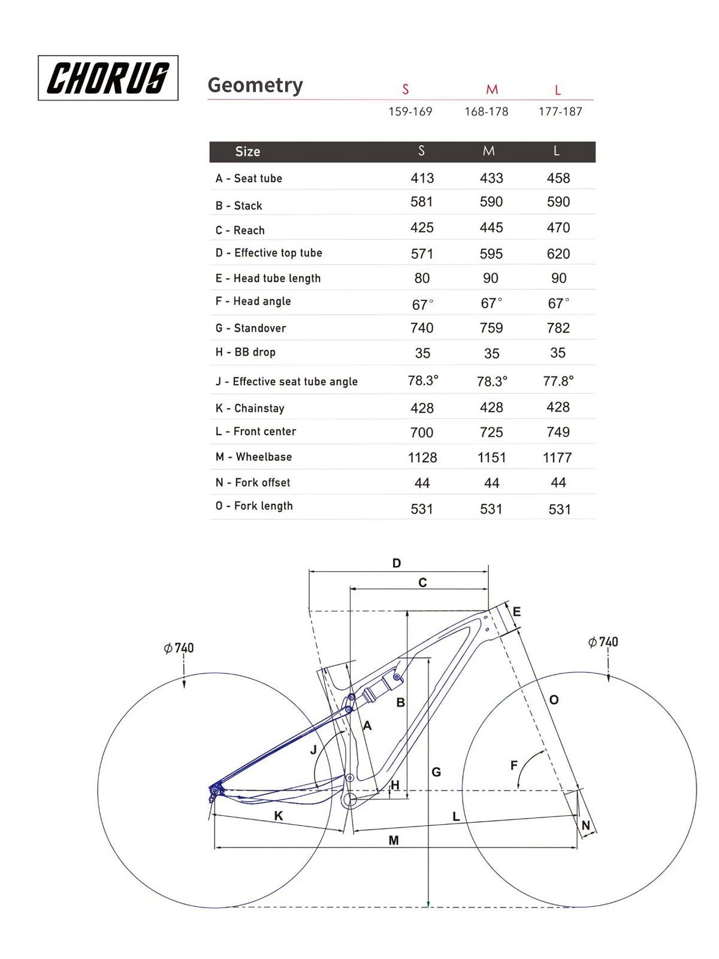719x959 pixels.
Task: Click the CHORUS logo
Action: [108, 78]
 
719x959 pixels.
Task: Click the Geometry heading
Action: [255, 85]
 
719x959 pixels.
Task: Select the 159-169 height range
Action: [410, 111]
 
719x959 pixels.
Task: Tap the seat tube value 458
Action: [558, 178]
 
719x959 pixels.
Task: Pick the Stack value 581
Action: [422, 202]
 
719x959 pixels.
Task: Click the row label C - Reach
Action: [240, 230]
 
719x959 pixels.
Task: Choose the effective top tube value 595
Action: [491, 254]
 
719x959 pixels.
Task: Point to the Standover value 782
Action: [558, 328]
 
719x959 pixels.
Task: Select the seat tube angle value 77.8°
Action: [558, 381]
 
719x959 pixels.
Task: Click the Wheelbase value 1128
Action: [422, 457]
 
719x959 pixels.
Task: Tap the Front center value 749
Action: [558, 432]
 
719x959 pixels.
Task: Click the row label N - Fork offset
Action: [253, 482]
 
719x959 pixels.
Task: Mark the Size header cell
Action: [247, 152]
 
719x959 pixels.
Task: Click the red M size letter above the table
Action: [492, 90]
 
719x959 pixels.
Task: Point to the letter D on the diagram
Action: [397, 563]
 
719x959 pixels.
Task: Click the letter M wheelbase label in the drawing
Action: [394, 840]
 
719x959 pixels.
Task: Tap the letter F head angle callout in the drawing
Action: [514, 765]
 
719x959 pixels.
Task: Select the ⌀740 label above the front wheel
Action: [603, 642]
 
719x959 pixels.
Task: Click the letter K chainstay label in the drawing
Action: [279, 816]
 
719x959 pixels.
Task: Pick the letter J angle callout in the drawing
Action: [313, 750]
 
